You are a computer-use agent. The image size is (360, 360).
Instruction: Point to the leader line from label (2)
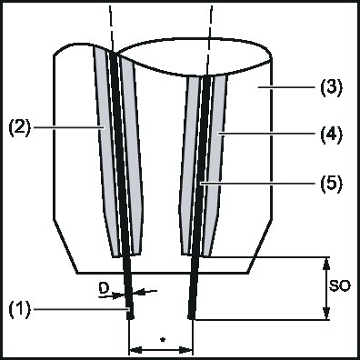[68, 127]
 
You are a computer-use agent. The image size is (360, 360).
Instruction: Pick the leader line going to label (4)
[268, 138]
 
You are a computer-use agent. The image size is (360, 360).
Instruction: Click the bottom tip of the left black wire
[131, 316]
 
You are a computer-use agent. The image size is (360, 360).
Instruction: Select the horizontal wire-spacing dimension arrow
[161, 349]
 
